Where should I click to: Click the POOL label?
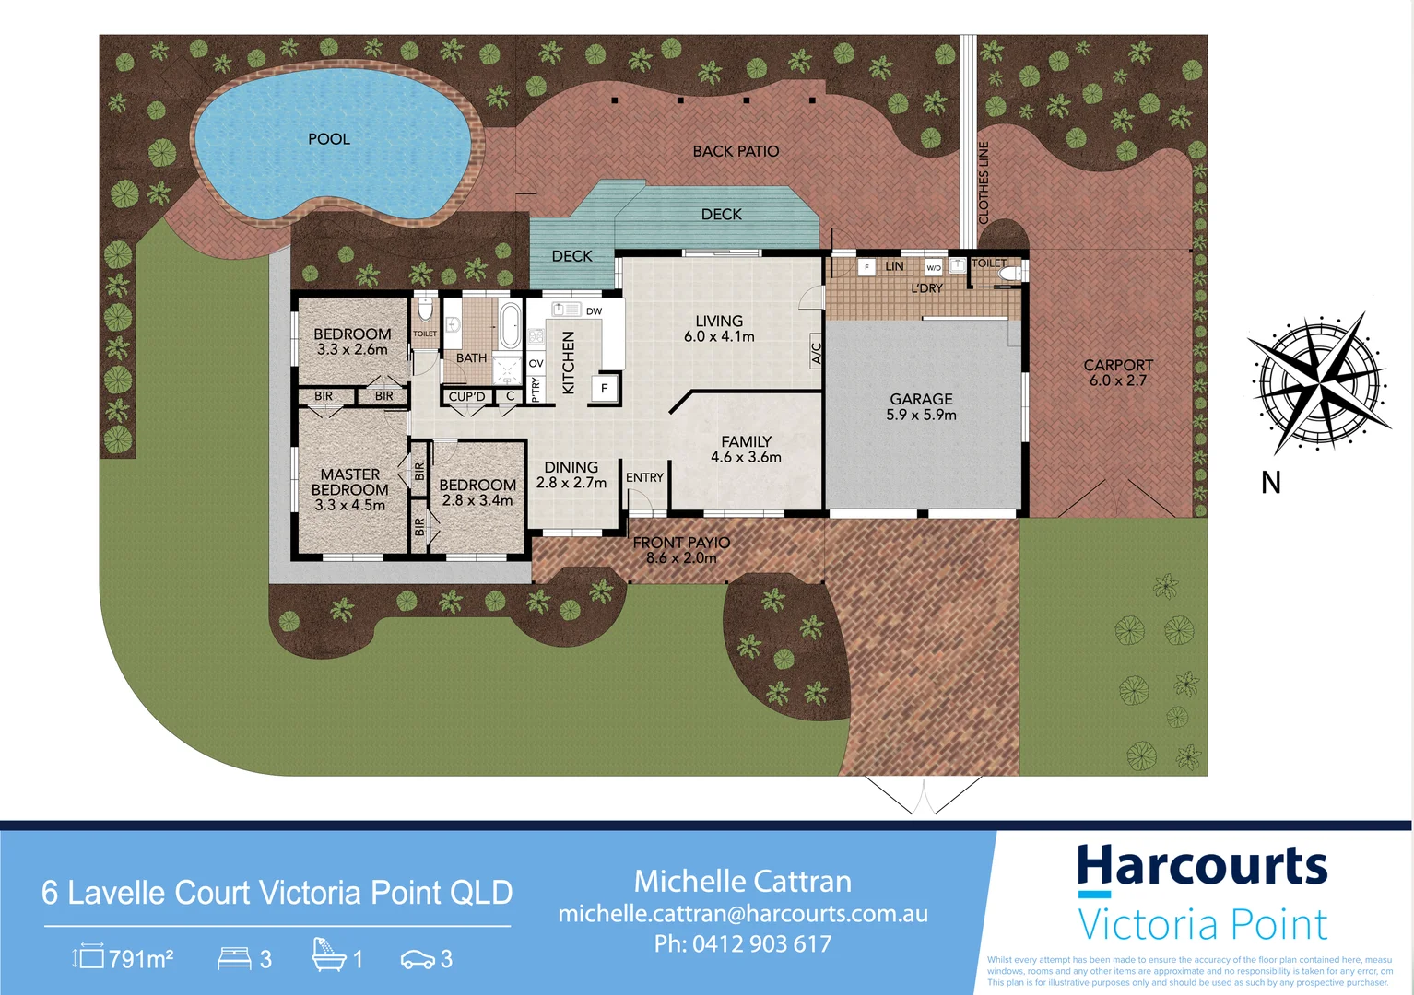(329, 139)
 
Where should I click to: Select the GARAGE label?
(921, 399)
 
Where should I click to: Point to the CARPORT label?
(1118, 365)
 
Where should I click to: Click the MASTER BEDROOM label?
(349, 482)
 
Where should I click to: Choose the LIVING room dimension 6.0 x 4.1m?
(719, 337)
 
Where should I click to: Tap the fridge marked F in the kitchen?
(605, 389)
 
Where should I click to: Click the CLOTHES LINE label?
(984, 182)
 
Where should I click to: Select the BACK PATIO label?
(736, 151)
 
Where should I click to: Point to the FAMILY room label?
(746, 442)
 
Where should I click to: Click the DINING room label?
(571, 467)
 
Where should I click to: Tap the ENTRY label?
(644, 477)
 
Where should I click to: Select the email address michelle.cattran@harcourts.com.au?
(743, 914)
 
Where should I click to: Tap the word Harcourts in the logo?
(1202, 866)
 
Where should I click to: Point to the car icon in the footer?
(418, 960)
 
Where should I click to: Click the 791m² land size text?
(140, 960)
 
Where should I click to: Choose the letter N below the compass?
(1271, 482)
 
